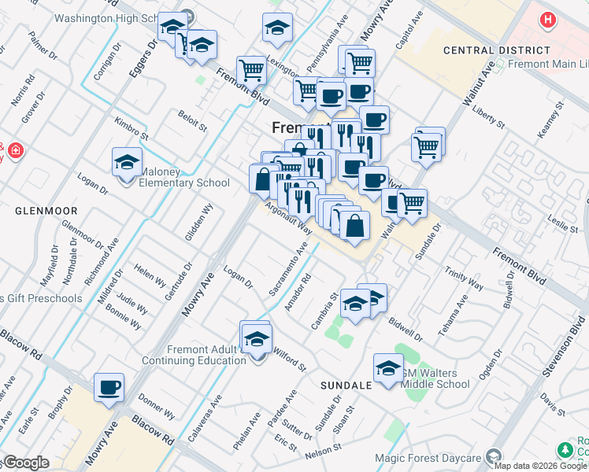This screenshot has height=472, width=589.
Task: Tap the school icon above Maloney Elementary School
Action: [x=128, y=163]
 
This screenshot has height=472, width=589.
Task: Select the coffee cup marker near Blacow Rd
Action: [x=109, y=388]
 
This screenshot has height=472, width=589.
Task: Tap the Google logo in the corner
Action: [x=25, y=463]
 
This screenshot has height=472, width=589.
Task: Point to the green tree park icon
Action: [x=565, y=450]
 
